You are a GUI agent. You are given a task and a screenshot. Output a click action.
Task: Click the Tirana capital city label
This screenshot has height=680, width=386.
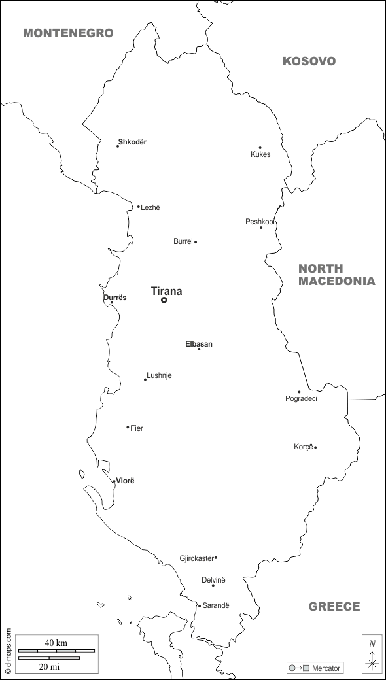click(166, 292)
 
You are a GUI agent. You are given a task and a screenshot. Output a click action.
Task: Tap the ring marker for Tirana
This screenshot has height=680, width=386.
click(164, 300)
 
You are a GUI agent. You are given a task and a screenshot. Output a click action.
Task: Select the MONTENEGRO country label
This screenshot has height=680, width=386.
click(68, 33)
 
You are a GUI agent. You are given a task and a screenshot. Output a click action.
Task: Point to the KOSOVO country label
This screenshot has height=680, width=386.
click(309, 61)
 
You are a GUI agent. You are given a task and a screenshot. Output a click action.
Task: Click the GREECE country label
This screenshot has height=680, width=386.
click(334, 607)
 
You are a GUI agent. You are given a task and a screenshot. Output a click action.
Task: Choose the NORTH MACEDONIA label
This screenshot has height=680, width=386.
click(336, 275)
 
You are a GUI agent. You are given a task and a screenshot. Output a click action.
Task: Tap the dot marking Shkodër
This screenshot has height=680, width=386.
click(118, 146)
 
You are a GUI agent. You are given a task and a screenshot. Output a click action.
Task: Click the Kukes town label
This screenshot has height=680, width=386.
click(260, 154)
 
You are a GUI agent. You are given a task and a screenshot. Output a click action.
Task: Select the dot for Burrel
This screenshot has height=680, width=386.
click(196, 242)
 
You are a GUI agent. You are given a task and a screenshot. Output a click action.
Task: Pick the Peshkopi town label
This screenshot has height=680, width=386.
click(260, 222)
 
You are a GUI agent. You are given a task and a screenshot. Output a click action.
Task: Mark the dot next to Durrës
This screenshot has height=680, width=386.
click(111, 303)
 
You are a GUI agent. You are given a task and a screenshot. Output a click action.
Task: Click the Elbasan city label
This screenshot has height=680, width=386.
click(199, 344)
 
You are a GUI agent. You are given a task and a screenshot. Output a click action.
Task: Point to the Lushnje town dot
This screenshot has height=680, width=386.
click(145, 379)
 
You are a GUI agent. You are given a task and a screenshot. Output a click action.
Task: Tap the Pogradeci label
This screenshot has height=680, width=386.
click(301, 398)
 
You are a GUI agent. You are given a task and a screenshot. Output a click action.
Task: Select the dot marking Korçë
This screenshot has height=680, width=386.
click(315, 447)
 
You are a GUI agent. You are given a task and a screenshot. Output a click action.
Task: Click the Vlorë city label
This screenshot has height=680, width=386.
click(125, 481)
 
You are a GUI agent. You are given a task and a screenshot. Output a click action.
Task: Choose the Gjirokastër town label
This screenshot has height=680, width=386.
click(196, 558)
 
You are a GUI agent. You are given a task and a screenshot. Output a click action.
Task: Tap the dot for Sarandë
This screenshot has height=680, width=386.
click(200, 605)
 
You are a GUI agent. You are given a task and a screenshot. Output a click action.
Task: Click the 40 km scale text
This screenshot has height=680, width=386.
click(56, 643)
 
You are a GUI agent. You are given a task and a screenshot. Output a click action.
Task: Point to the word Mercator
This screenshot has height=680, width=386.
click(326, 668)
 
